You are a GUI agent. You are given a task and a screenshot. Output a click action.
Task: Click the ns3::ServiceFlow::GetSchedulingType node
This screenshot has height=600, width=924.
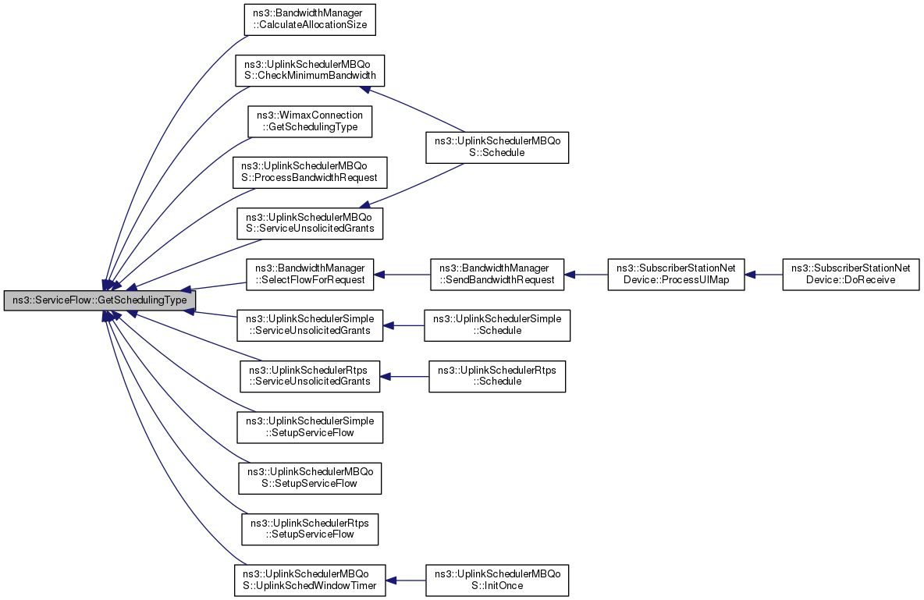click(x=100, y=300)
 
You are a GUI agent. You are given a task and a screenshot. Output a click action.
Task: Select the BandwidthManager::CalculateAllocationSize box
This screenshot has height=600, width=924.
click(x=310, y=20)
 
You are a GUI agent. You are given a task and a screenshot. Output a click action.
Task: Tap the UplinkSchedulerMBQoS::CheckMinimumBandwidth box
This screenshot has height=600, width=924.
click(x=310, y=70)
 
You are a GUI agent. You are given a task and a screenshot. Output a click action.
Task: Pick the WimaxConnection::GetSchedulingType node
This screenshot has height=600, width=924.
click(x=310, y=122)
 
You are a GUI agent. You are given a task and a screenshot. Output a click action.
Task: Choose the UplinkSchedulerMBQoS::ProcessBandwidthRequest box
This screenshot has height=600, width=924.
click(x=310, y=172)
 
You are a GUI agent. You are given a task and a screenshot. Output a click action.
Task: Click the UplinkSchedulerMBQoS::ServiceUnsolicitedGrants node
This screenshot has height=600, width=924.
click(x=310, y=223)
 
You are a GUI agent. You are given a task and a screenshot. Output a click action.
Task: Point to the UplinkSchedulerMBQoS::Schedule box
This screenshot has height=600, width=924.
click(x=497, y=147)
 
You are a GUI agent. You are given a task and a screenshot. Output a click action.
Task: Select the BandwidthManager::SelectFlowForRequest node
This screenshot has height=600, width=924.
click(x=310, y=274)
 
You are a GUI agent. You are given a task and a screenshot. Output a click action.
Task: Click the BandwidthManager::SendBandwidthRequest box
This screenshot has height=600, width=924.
click(x=497, y=274)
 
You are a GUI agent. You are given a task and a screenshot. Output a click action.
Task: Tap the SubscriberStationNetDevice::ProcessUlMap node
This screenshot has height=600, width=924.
click(x=677, y=274)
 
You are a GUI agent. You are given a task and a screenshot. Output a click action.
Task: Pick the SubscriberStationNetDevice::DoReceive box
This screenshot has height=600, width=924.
click(x=851, y=274)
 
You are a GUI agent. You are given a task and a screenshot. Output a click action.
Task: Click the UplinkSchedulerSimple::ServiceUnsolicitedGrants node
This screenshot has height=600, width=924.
click(x=310, y=325)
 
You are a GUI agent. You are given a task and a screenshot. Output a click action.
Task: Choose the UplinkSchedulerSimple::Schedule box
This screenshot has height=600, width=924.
click(x=497, y=325)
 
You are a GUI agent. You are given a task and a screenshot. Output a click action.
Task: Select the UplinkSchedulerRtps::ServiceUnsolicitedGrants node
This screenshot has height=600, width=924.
click(x=310, y=376)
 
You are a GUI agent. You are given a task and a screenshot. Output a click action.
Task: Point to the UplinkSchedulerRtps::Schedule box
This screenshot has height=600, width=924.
click(x=497, y=376)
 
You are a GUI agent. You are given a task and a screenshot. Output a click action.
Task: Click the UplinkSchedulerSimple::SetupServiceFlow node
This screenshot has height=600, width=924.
click(x=310, y=428)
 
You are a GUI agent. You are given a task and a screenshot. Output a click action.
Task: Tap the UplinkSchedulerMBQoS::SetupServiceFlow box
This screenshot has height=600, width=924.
click(x=310, y=478)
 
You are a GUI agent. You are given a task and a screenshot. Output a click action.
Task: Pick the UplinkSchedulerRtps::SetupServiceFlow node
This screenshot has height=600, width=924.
click(x=310, y=529)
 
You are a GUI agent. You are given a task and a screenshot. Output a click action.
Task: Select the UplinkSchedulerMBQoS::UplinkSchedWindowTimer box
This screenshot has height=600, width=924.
click(x=310, y=580)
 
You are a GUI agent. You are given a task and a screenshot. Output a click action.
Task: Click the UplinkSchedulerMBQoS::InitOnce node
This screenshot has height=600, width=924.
click(x=497, y=580)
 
